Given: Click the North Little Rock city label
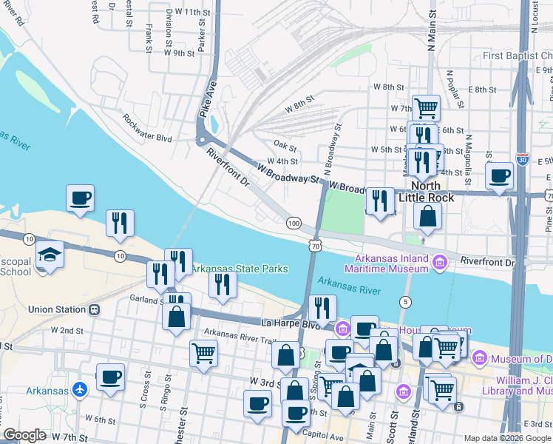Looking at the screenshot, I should click(430, 192).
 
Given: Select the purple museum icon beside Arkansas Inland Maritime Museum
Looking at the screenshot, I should click(441, 263).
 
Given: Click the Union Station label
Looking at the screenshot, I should click(57, 309).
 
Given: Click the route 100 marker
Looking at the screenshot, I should click(294, 223).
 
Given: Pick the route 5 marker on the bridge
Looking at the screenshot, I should click(405, 301).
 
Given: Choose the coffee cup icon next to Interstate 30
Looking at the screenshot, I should click(500, 176).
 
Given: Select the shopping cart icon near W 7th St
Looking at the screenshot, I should click(426, 107).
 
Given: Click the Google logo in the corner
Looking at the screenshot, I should click(24, 435).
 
